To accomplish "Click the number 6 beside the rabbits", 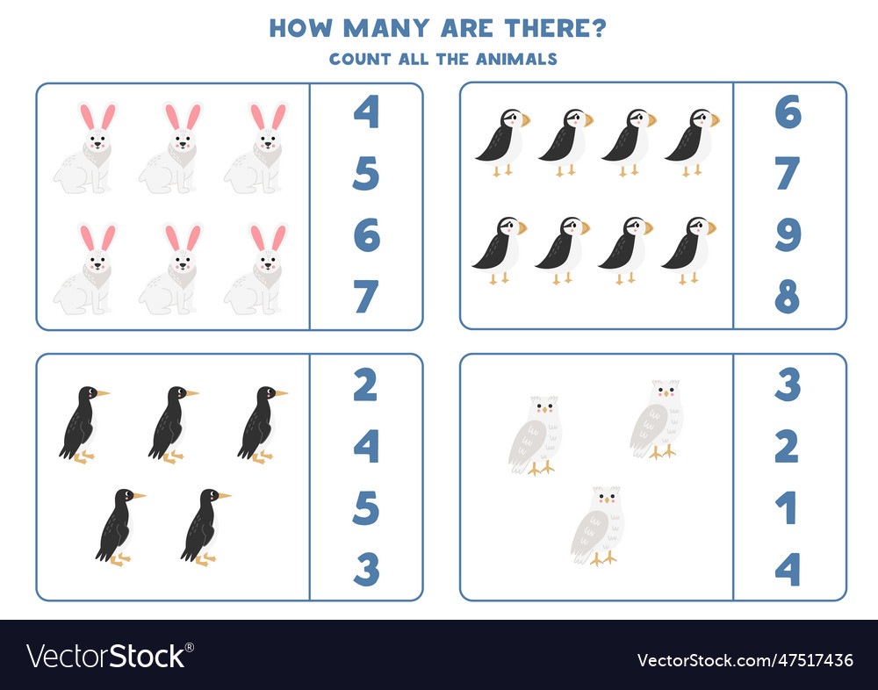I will [x=366, y=235].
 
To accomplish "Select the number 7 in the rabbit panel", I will [x=366, y=297].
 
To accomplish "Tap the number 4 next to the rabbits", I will [x=366, y=111].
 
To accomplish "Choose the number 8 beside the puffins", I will [x=788, y=297].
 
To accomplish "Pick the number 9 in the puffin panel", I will [x=788, y=235].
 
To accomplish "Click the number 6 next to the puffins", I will [x=788, y=111].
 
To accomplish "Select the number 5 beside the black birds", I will [x=366, y=508].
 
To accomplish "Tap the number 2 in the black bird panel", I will [x=366, y=385].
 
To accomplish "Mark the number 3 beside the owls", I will [x=788, y=385].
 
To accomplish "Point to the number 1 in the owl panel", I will [x=788, y=508].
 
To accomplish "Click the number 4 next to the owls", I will [x=788, y=570].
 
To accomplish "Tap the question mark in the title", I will [x=599, y=28].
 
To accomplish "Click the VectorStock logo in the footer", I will [x=111, y=657].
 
